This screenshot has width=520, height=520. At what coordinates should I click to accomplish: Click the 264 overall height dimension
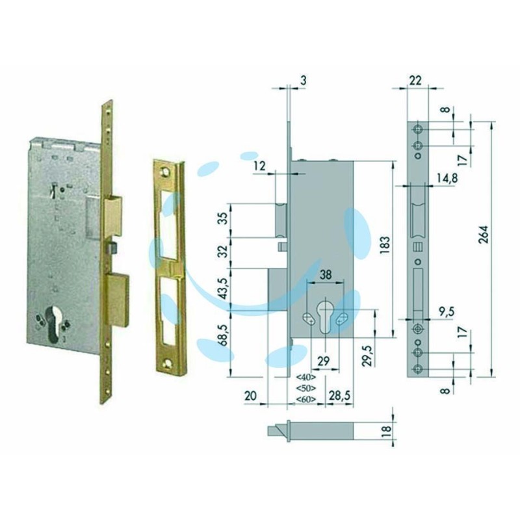[484, 235]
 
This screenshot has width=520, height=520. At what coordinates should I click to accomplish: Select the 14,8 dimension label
[447, 178]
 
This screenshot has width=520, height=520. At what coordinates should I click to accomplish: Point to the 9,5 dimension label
[447, 311]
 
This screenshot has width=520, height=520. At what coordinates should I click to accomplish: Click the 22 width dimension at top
[415, 80]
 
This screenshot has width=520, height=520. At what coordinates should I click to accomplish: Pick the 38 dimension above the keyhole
[326, 274]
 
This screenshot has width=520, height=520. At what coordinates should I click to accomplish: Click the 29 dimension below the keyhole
[324, 361]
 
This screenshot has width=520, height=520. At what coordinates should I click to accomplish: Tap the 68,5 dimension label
[224, 335]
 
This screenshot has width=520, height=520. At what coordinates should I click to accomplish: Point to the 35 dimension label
[224, 218]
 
